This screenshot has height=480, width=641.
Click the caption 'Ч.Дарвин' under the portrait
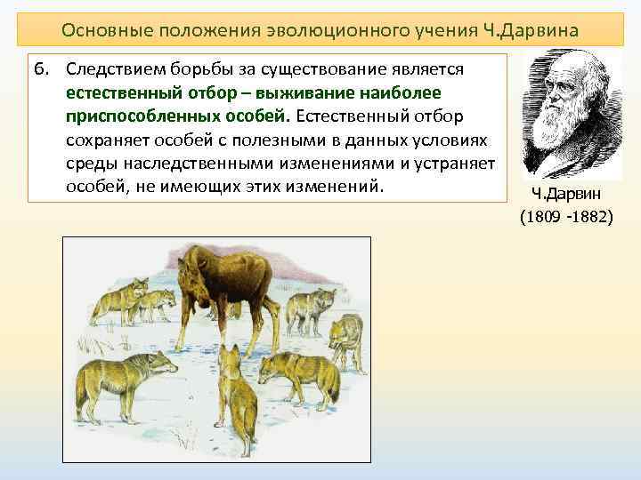tap(565, 195)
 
